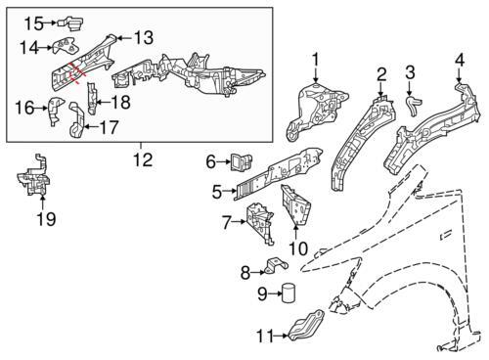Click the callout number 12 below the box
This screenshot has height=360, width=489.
143,159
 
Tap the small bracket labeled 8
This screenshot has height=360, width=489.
276,265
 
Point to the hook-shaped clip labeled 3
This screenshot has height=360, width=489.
414,105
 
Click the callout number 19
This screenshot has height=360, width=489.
46,219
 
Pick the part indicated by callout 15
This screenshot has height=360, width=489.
70,22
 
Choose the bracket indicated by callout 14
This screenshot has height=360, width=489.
66,46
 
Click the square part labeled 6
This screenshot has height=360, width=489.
242,161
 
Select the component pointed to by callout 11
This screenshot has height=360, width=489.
305,327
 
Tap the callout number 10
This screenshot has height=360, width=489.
298,248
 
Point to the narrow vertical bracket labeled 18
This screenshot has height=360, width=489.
92,99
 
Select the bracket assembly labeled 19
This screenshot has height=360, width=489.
34,176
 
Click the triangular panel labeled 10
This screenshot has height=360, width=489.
295,205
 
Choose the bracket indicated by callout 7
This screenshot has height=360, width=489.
260,222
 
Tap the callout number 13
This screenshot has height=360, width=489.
144,38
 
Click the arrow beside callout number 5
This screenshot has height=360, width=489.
229,192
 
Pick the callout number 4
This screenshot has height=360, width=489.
460,60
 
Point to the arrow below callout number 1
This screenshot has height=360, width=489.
315,74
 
